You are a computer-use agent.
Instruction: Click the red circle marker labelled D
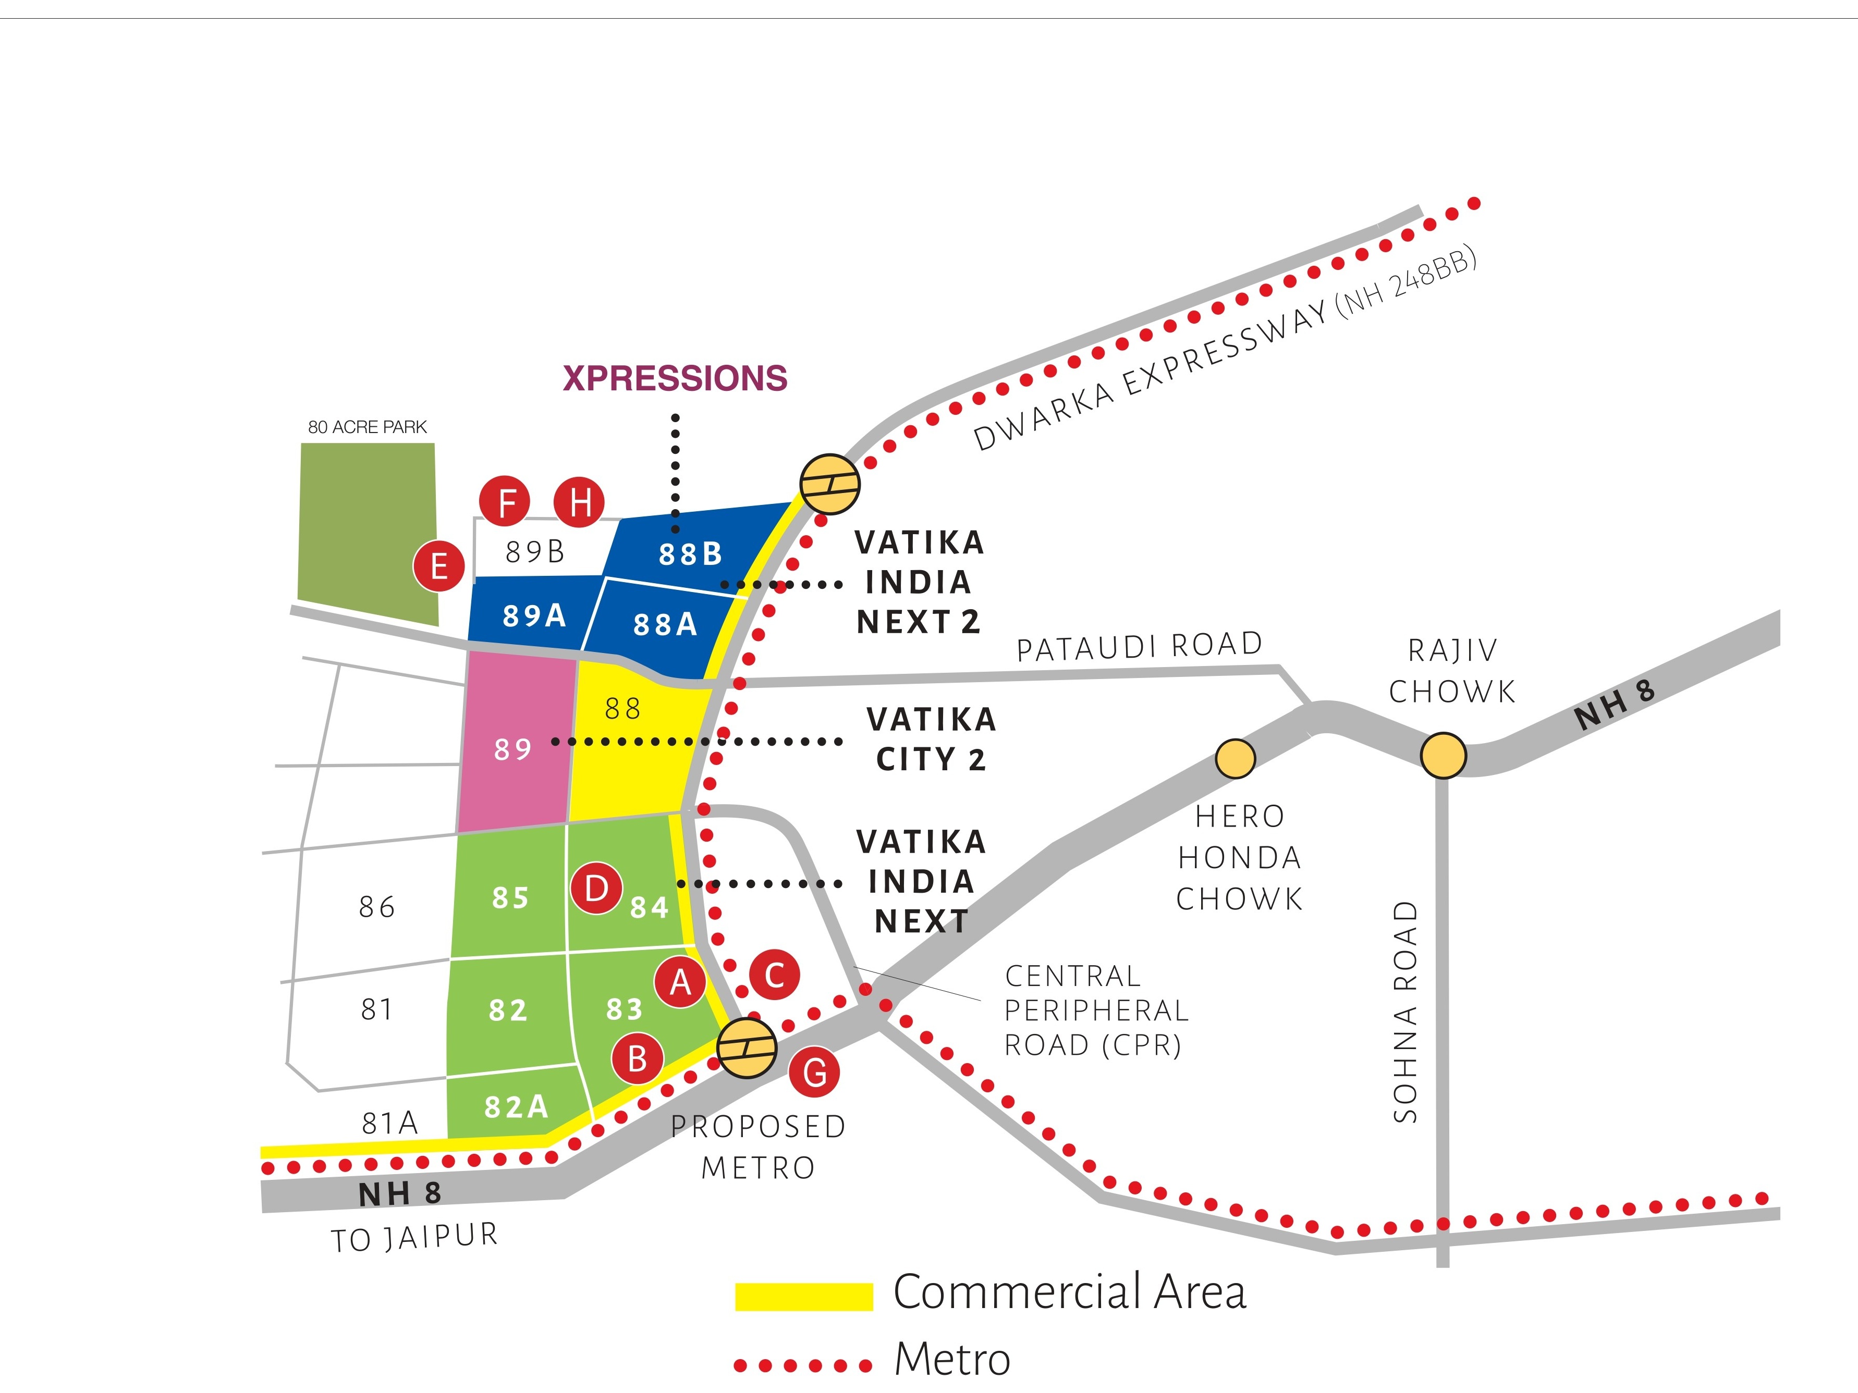pyautogui.click(x=596, y=887)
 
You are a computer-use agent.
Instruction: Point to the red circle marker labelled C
pyautogui.click(x=775, y=975)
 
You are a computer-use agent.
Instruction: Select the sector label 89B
pyautogui.click(x=535, y=552)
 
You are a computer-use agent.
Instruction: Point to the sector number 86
pyautogui.click(x=376, y=907)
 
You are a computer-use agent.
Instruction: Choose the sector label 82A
pyautogui.click(x=516, y=1107)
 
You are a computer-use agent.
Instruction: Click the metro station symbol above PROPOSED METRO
pyautogui.click(x=746, y=1048)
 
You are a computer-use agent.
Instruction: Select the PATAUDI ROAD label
pyautogui.click(x=1139, y=646)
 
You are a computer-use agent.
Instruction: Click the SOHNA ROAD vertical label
pyautogui.click(x=1405, y=1012)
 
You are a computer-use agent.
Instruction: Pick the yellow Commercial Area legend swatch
pyautogui.click(x=804, y=1296)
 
